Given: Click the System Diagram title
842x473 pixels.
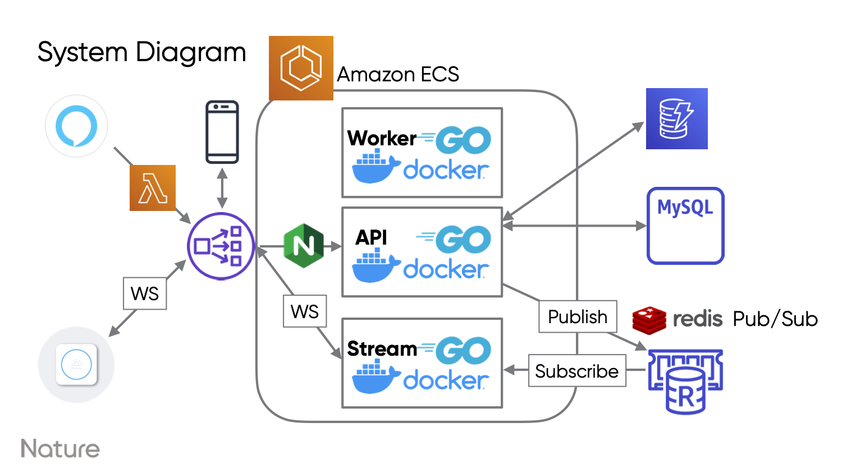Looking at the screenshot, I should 141,53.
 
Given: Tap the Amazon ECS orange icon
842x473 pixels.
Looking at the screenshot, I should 301,68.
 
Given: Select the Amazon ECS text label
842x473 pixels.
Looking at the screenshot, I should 397,74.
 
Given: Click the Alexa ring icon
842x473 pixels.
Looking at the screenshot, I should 76,126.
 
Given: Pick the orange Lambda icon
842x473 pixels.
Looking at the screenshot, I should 153,188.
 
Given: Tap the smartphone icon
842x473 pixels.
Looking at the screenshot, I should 222,132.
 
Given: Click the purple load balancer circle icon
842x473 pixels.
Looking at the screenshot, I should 221,246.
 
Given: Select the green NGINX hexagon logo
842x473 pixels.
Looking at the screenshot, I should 304,246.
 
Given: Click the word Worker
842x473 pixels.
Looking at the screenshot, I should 382,138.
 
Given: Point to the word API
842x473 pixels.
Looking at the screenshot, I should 371,237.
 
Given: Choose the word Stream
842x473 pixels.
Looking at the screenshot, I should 382,349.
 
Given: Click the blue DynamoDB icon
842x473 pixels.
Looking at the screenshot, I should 676,118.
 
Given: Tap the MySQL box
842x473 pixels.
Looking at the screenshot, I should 685,226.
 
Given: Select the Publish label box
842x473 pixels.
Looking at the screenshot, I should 578,317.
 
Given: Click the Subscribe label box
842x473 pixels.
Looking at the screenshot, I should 576,371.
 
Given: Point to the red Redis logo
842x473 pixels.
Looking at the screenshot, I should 649,320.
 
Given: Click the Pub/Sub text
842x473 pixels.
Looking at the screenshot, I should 775,319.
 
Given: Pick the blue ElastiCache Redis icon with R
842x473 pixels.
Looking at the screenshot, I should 685,382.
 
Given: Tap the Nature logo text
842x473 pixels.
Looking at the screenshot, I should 60,449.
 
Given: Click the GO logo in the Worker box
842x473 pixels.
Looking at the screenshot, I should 463,140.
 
